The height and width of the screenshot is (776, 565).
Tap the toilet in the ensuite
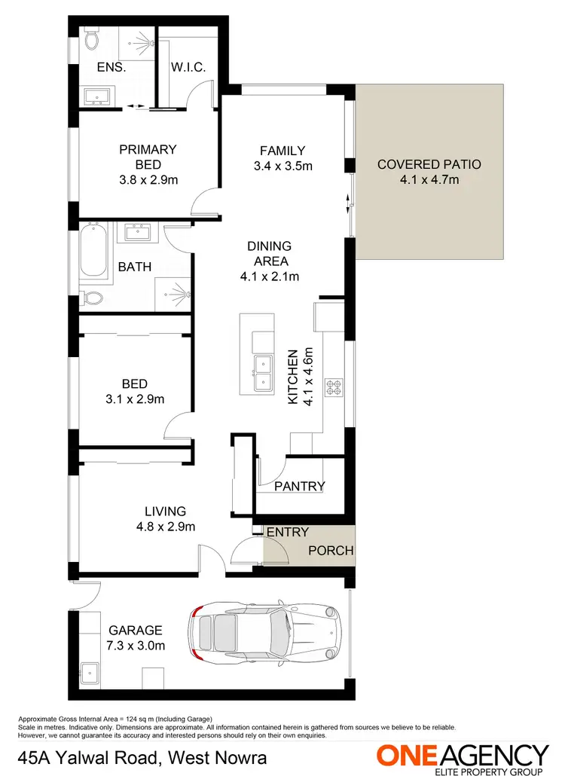click(90, 39)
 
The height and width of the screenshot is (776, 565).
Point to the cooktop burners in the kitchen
click(333, 389)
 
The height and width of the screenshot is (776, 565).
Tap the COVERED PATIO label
click(429, 164)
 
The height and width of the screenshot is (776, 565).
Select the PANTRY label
click(299, 486)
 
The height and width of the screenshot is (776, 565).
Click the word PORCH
click(331, 551)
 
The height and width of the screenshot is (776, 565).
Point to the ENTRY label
click(288, 532)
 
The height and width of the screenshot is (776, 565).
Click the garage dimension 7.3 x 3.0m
click(136, 645)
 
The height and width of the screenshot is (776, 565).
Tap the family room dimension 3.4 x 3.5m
click(282, 166)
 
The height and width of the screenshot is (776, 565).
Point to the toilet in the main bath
click(92, 297)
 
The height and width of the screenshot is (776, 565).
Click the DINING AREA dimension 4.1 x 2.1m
click(269, 276)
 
